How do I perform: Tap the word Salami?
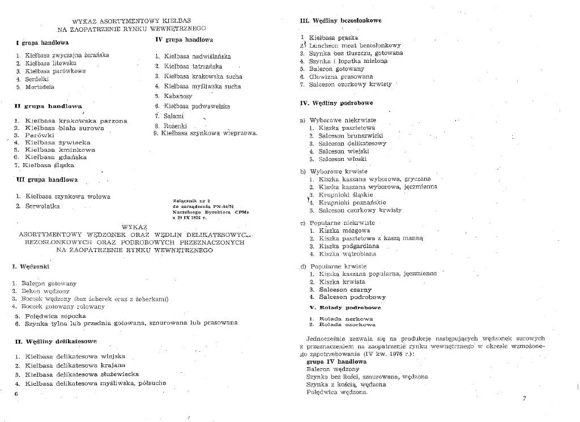click(173, 116)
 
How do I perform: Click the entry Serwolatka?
click(42, 206)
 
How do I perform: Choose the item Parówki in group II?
click(39, 135)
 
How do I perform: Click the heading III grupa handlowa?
click(48, 180)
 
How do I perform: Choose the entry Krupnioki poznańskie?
click(352, 202)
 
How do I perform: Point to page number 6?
click(16, 393)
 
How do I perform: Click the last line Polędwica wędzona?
click(337, 392)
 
